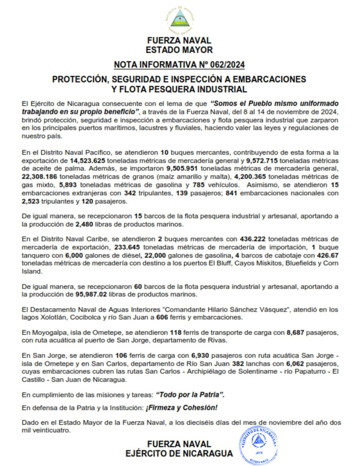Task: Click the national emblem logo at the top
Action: coord(179,19)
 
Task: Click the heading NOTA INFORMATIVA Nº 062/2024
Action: coord(179,65)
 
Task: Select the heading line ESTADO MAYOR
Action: coord(179,50)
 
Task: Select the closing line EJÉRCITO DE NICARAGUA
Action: coord(179,453)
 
